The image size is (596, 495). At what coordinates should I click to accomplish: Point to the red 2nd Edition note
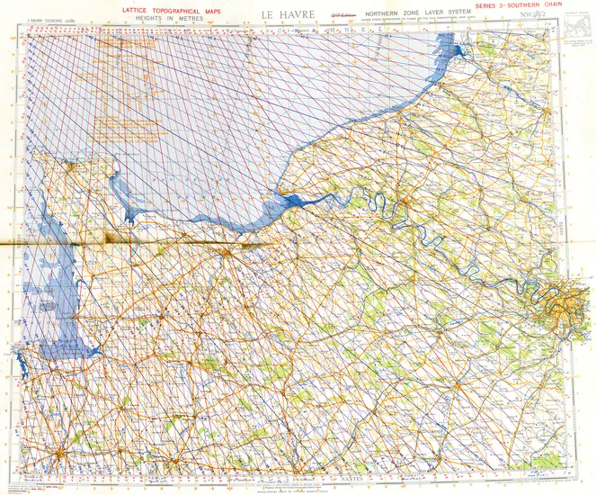[x=340, y=15]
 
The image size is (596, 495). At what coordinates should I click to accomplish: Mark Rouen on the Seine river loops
[x=407, y=208]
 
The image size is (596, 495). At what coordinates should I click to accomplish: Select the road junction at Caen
[x=233, y=253]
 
